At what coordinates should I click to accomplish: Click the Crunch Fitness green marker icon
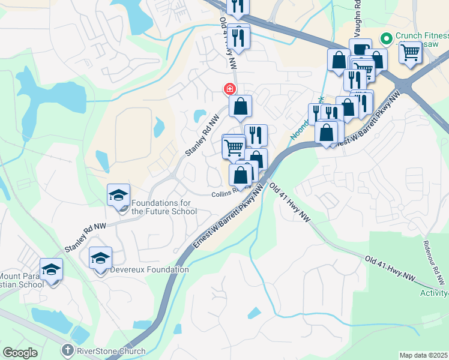(x=386, y=38)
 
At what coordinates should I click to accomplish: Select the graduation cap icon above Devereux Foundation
(x=100, y=258)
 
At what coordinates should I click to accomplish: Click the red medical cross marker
(x=229, y=89)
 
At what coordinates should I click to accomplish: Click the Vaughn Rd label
(x=357, y=11)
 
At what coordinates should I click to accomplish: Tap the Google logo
(x=20, y=353)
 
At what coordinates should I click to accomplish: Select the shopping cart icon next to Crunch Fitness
(x=410, y=52)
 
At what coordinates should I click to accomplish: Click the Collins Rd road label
(x=225, y=194)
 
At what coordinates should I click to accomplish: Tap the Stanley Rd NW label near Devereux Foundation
(x=85, y=237)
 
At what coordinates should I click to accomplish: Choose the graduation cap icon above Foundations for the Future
(x=118, y=194)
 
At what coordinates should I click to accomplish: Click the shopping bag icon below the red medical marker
(x=240, y=107)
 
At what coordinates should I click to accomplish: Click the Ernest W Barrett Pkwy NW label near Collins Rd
(x=229, y=218)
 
